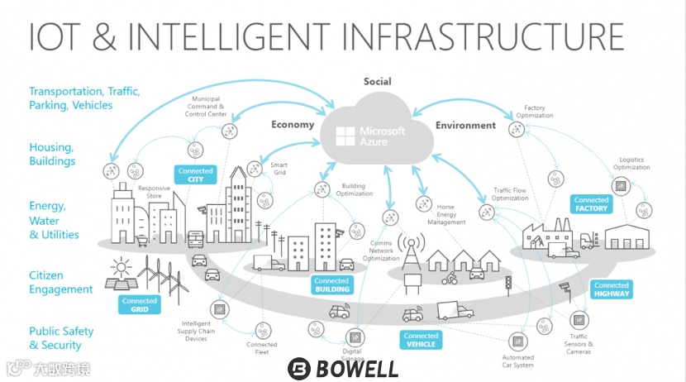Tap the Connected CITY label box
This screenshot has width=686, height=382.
pos(195,174)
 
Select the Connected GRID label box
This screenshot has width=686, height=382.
pos(140,305)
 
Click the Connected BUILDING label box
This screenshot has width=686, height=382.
pos(331,285)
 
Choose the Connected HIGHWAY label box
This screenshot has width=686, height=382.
pos(612,289)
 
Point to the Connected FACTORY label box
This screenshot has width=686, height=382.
pos(591,204)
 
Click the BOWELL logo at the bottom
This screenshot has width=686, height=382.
pos(342,369)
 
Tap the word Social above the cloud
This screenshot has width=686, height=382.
pos(377,82)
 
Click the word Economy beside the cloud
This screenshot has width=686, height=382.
pos(293,125)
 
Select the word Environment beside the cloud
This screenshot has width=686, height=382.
pos(465,126)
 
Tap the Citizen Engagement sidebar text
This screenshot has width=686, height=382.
pos(61,282)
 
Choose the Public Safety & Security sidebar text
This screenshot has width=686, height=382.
pos(61,338)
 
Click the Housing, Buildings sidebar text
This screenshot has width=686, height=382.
pos(51,154)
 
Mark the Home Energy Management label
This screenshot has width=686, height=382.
pos(451,214)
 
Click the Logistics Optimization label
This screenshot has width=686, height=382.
pos(631,164)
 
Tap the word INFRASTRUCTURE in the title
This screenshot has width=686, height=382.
pos(483,38)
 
